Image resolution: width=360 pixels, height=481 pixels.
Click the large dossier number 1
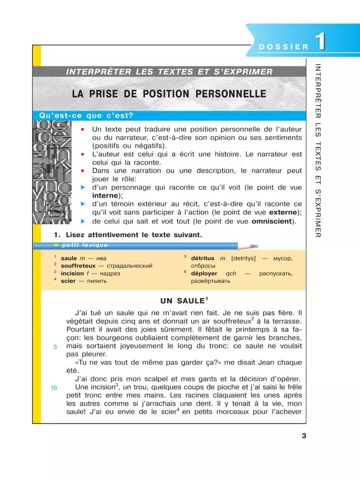tap(320, 44)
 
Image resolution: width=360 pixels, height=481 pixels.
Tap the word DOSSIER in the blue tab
tap(283, 47)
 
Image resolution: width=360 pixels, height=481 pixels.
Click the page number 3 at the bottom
tap(304, 436)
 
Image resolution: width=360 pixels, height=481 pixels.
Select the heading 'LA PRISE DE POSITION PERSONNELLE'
tap(169, 94)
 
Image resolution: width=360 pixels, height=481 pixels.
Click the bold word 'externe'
tap(284, 213)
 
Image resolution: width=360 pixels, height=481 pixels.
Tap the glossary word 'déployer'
tap(204, 273)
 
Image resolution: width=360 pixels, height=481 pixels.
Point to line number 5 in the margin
tap(55, 347)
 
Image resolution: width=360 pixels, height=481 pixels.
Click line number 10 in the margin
tap(54, 387)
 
